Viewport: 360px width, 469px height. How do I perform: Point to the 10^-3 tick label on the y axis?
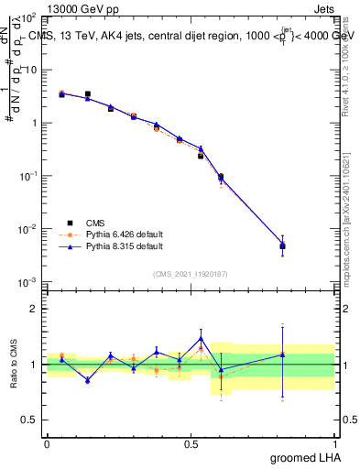click(29, 281)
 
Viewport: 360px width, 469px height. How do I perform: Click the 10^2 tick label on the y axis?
click(29, 17)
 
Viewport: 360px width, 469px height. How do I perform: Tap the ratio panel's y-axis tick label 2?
click(34, 309)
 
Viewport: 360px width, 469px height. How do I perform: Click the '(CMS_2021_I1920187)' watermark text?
click(191, 273)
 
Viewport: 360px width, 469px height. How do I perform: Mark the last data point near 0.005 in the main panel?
click(283, 245)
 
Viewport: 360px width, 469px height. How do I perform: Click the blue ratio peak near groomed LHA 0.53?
click(202, 338)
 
